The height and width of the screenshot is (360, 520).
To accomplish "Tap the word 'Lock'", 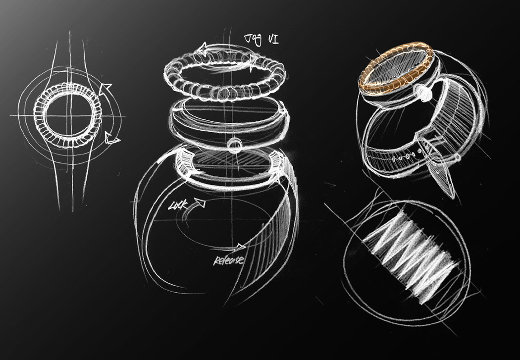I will point(179,204).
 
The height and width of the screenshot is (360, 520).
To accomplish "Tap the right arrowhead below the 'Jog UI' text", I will point(253,61).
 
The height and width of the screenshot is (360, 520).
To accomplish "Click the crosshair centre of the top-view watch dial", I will point(67,117).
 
